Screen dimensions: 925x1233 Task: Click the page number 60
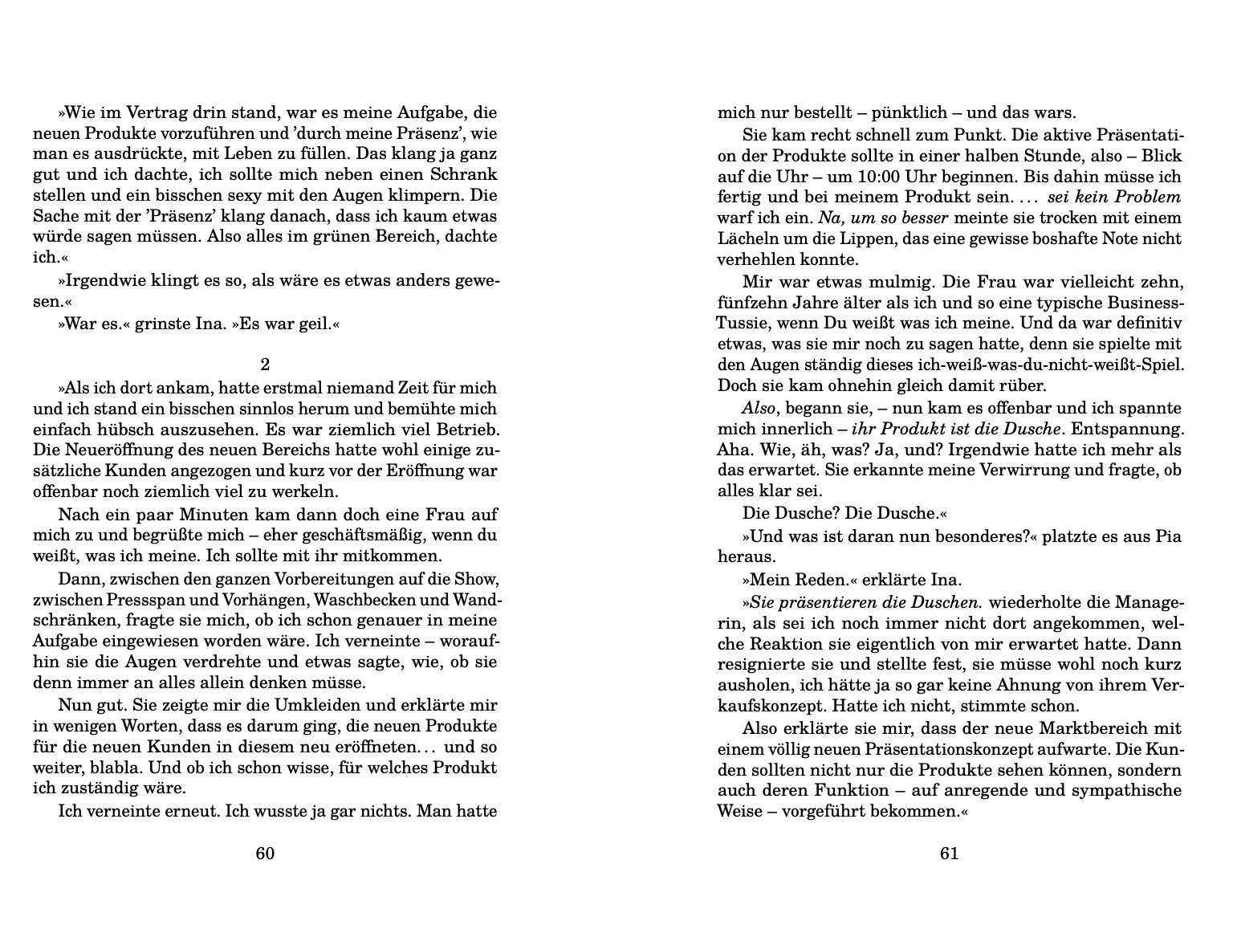(x=265, y=853)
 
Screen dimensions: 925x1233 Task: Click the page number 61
(x=949, y=853)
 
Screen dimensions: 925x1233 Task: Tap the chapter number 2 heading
(x=265, y=362)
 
